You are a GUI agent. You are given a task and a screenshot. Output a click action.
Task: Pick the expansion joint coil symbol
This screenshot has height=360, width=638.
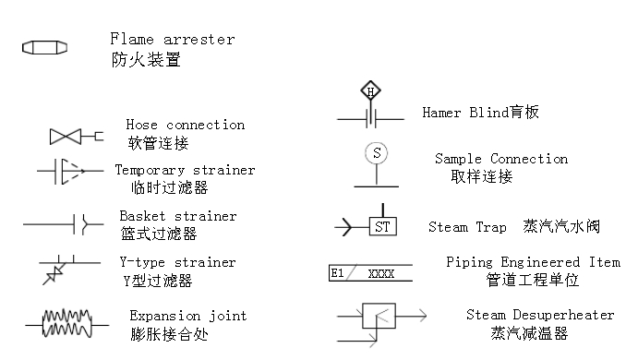(x=67, y=323)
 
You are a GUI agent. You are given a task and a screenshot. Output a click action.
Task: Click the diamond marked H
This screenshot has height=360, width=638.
(x=370, y=91)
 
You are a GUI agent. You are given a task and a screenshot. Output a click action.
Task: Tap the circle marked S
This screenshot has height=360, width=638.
(x=375, y=153)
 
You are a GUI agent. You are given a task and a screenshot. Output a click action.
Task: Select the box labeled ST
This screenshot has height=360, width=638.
(x=383, y=225)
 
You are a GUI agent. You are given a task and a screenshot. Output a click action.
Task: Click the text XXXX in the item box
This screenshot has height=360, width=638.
(x=381, y=273)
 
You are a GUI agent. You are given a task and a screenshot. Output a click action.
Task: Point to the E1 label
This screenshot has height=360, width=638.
(x=338, y=273)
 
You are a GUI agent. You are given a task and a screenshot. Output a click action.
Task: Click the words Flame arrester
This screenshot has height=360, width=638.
(x=172, y=40)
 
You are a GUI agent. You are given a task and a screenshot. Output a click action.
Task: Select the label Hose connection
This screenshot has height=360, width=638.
(x=185, y=125)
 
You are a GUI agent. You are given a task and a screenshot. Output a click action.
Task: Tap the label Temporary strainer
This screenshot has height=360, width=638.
(x=185, y=170)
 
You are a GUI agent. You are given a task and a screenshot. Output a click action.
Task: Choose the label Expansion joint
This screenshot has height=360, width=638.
(x=188, y=316)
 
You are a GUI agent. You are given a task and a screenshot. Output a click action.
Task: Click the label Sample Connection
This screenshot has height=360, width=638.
(x=501, y=159)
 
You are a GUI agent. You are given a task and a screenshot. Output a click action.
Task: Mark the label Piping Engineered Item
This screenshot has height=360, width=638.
(x=533, y=262)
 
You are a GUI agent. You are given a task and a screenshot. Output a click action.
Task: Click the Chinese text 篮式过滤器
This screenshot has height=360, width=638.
(x=159, y=234)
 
